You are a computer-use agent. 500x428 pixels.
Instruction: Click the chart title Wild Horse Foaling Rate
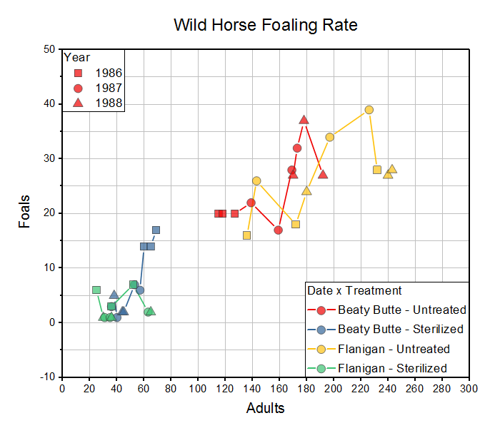pyautogui.click(x=266, y=25)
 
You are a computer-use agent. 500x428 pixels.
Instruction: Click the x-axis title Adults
pyautogui.click(x=265, y=408)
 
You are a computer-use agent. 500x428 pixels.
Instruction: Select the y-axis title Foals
pyautogui.click(x=25, y=212)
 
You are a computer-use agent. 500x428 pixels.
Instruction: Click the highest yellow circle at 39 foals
pyautogui.click(x=369, y=110)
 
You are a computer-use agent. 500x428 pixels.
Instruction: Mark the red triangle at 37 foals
pyautogui.click(x=304, y=120)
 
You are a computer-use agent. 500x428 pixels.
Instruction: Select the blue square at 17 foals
pyautogui.click(x=156, y=230)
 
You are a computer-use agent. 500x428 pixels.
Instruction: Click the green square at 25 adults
pyautogui.click(x=96, y=290)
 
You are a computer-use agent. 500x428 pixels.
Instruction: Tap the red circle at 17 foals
pyautogui.click(x=278, y=230)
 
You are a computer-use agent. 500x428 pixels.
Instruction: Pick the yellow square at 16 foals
pyautogui.click(x=246, y=235)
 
